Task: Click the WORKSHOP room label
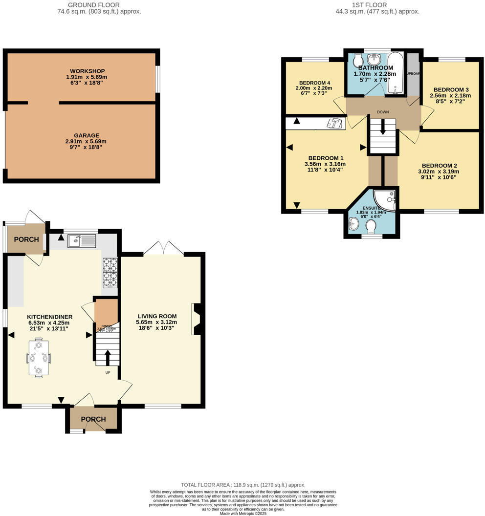point(87,71)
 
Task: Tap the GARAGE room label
point(87,135)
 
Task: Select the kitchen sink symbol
point(82,239)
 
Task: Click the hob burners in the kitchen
point(110,272)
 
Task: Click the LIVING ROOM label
point(157,316)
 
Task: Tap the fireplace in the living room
point(198,319)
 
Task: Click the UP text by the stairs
point(108,372)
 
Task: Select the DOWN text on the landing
point(383,112)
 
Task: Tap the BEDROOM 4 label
point(313,83)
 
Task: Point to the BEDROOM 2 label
point(440,165)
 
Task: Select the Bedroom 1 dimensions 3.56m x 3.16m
point(325,164)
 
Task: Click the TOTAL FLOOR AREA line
point(243,485)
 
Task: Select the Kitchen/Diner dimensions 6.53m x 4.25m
point(48,322)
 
